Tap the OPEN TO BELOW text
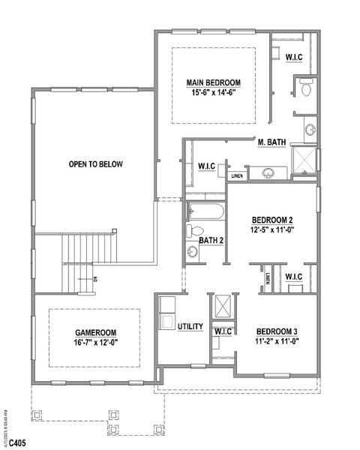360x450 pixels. (95, 164)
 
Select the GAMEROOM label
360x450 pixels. (94, 332)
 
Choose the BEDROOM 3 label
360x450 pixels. (277, 331)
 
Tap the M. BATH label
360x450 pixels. (271, 142)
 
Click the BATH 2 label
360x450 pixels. (211, 240)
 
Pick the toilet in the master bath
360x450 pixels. (305, 89)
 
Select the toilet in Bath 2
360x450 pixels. (193, 230)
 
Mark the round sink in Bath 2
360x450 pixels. (192, 252)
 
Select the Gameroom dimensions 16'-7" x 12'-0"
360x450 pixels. (94, 343)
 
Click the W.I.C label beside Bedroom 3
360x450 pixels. (223, 331)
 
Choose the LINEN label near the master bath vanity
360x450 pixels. (237, 176)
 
